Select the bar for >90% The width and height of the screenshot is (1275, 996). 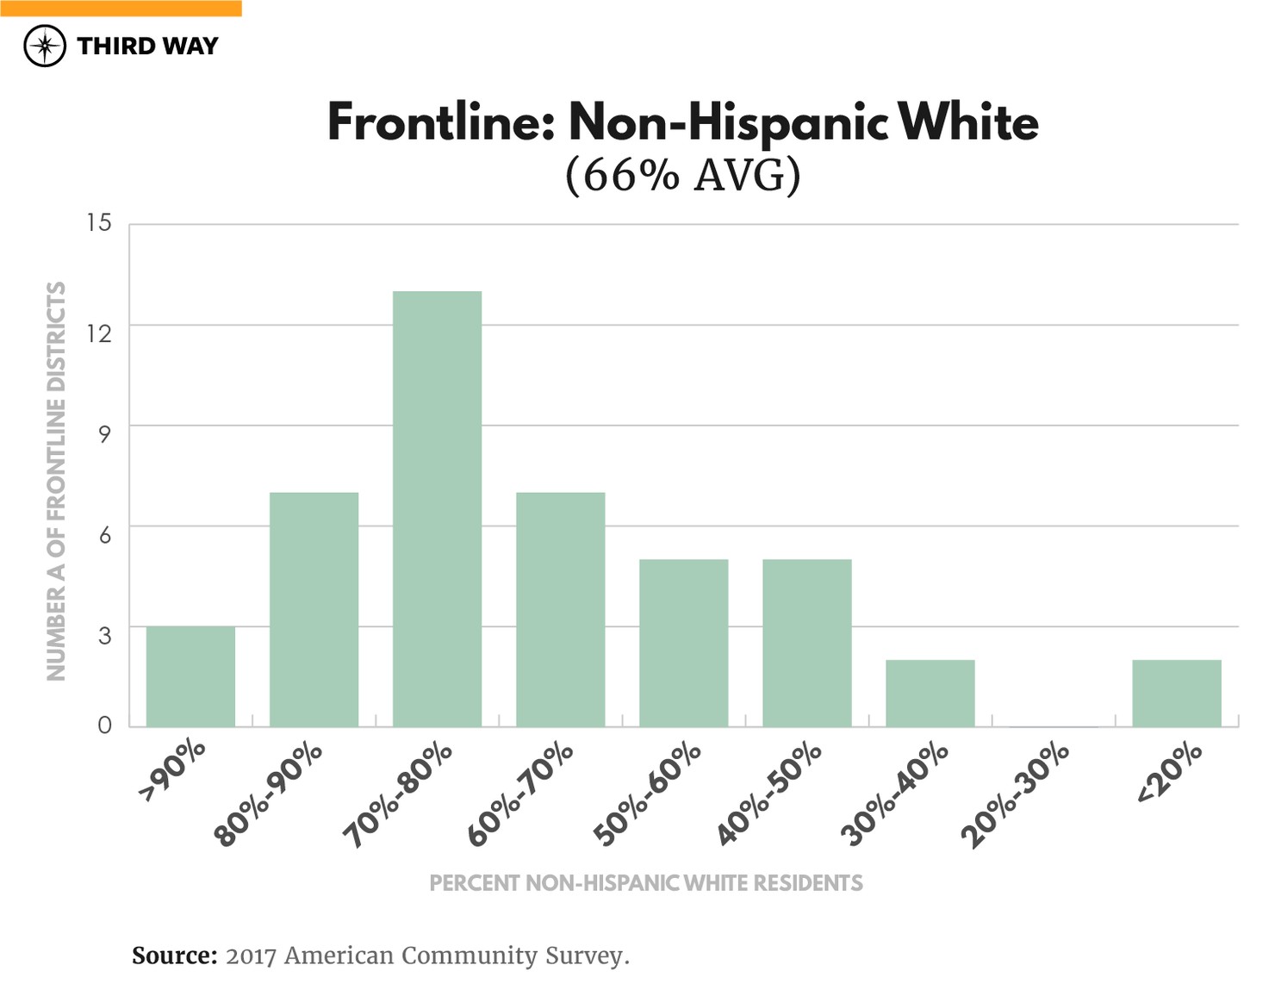pos(190,676)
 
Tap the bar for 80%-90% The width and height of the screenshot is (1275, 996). pos(314,609)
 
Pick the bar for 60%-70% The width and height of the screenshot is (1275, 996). pos(560,609)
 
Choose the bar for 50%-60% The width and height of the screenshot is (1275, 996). pos(683,643)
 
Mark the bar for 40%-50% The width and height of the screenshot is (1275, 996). pos(806,643)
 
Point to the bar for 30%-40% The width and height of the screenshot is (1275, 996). pos(930,693)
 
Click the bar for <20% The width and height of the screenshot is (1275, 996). pos(1176,693)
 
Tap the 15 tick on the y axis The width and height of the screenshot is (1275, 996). pos(99,223)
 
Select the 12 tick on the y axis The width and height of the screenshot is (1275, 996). pos(99,333)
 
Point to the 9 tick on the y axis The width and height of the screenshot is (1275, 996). pos(104,433)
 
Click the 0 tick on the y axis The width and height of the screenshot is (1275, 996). pos(104,725)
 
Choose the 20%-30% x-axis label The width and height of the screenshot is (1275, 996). pos(1015,795)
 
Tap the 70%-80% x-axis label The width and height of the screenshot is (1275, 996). pos(398,795)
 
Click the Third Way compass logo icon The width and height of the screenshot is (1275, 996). pos(45,46)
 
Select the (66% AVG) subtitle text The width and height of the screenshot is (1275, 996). pos(682,175)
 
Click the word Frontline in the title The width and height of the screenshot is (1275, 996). pos(439,122)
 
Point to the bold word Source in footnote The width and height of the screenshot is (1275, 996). pos(174,956)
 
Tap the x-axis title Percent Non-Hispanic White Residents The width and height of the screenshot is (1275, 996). pos(645,883)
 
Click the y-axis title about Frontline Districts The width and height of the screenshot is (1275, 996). pos(56,481)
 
